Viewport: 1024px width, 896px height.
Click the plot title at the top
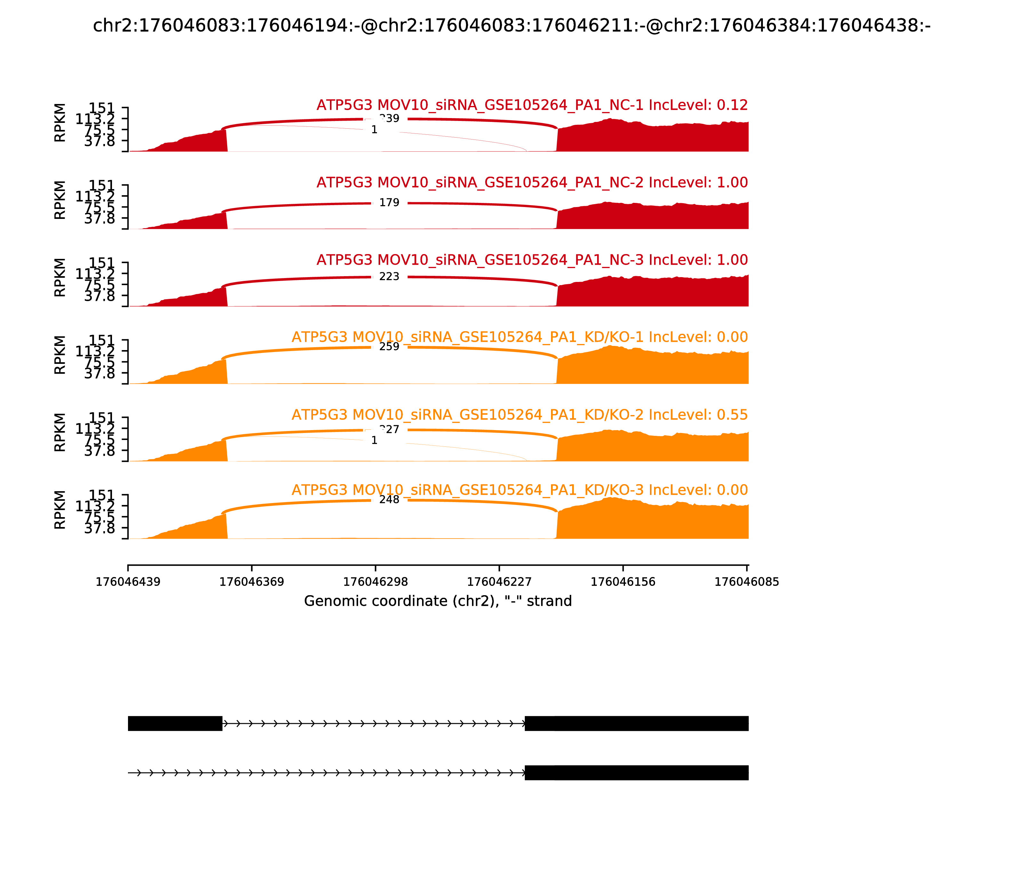point(511,26)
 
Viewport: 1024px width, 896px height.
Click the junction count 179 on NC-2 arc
point(389,203)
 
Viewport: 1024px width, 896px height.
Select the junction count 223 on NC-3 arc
point(389,276)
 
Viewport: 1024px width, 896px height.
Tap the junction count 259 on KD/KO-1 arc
point(389,347)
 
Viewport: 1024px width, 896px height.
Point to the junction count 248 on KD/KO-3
point(389,500)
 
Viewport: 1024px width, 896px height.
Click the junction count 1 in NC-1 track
point(374,130)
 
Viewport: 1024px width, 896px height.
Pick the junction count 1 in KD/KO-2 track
point(374,441)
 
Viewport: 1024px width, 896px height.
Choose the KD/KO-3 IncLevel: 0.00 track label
point(519,490)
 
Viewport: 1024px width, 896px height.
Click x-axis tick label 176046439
point(128,582)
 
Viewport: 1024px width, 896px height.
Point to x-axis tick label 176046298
point(375,582)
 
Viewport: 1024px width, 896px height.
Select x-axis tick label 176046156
point(623,582)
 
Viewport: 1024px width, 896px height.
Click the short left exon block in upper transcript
point(175,724)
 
